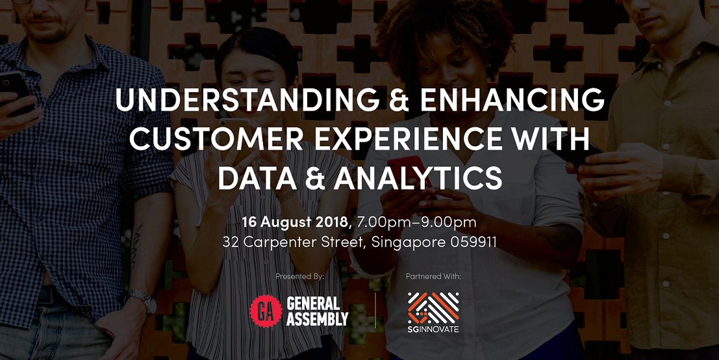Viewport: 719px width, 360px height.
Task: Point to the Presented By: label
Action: [300, 277]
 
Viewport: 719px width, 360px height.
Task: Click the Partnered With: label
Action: [433, 277]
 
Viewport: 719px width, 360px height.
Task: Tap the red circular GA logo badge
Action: [266, 311]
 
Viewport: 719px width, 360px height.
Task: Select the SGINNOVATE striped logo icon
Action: [433, 307]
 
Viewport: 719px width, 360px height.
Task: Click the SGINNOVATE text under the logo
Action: [433, 329]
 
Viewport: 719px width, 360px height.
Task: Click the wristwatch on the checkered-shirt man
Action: [143, 300]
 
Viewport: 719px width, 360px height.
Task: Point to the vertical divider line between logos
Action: [375, 310]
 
